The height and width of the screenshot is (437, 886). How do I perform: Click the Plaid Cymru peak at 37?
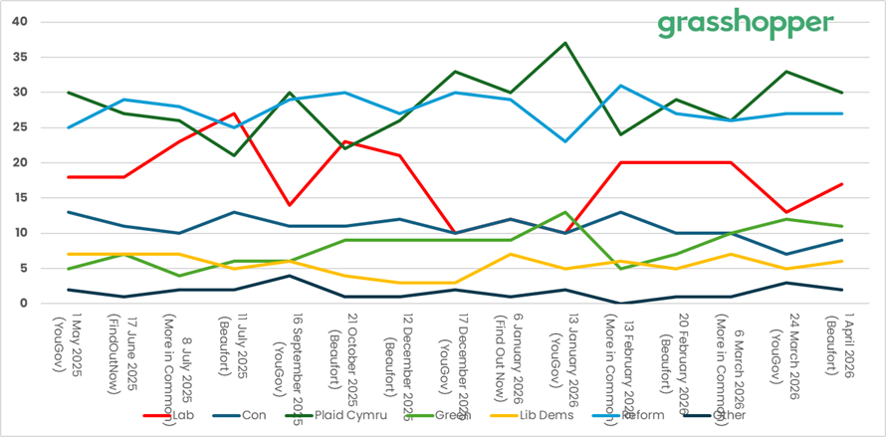click(x=565, y=43)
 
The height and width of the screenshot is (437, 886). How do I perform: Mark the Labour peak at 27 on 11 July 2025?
click(x=234, y=113)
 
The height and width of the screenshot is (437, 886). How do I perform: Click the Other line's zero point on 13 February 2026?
click(x=620, y=303)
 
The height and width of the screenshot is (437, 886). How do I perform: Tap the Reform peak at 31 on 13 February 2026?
click(x=620, y=86)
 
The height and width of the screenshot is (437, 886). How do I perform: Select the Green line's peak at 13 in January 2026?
click(x=565, y=212)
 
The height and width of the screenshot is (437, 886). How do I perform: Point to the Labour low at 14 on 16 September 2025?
click(x=289, y=205)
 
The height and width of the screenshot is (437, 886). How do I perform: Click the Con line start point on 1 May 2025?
click(x=69, y=212)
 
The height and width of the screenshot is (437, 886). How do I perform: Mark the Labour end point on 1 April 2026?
click(x=842, y=184)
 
